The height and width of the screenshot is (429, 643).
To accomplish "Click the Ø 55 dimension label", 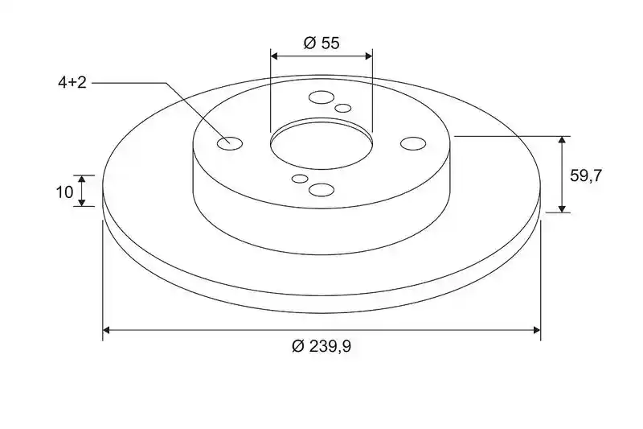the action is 321,43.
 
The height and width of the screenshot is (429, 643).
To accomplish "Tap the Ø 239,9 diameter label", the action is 321,346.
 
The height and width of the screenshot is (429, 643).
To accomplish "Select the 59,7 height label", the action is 586,175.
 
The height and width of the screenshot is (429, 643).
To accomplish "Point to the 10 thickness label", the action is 64,192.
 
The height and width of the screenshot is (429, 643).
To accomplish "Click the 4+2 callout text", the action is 72,83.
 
